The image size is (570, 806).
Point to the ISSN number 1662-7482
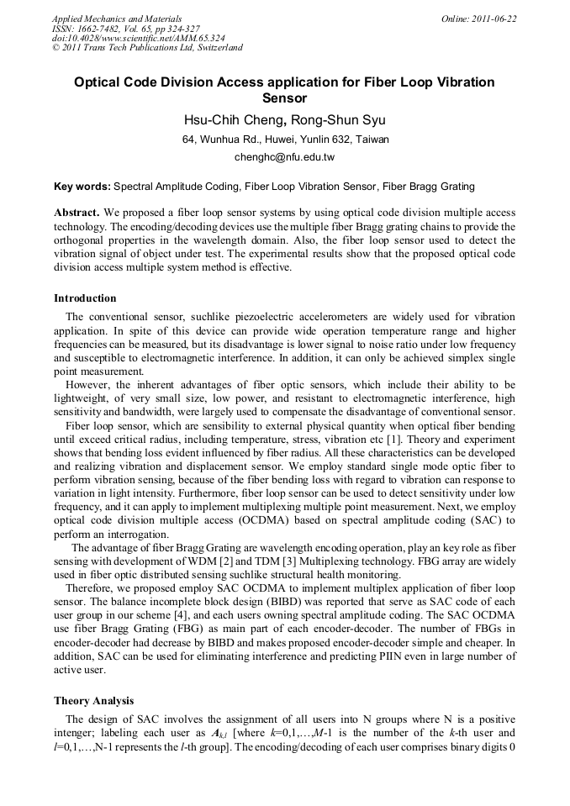98,28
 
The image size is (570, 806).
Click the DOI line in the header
139,38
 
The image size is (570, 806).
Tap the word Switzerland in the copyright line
216,48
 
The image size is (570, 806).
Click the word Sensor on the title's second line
284,97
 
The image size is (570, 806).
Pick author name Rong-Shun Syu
333,119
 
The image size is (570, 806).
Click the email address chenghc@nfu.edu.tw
284,156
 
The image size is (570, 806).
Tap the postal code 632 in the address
335,139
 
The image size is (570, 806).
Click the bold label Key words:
82,186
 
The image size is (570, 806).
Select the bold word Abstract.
77,213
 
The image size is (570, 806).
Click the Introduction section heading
85,298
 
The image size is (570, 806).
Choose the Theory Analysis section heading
93,701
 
